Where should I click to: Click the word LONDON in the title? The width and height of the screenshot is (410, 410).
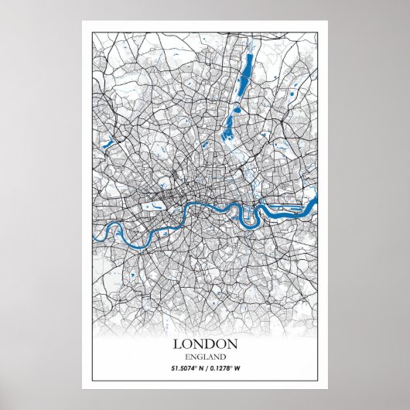point(205,343)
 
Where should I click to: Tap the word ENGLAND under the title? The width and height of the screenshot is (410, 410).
point(205,357)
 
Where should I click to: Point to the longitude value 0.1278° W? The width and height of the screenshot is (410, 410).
point(232,369)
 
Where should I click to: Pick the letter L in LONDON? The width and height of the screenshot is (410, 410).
point(177,343)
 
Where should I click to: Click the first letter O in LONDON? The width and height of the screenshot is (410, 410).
point(187,343)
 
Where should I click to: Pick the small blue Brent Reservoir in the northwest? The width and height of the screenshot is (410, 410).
point(108,142)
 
